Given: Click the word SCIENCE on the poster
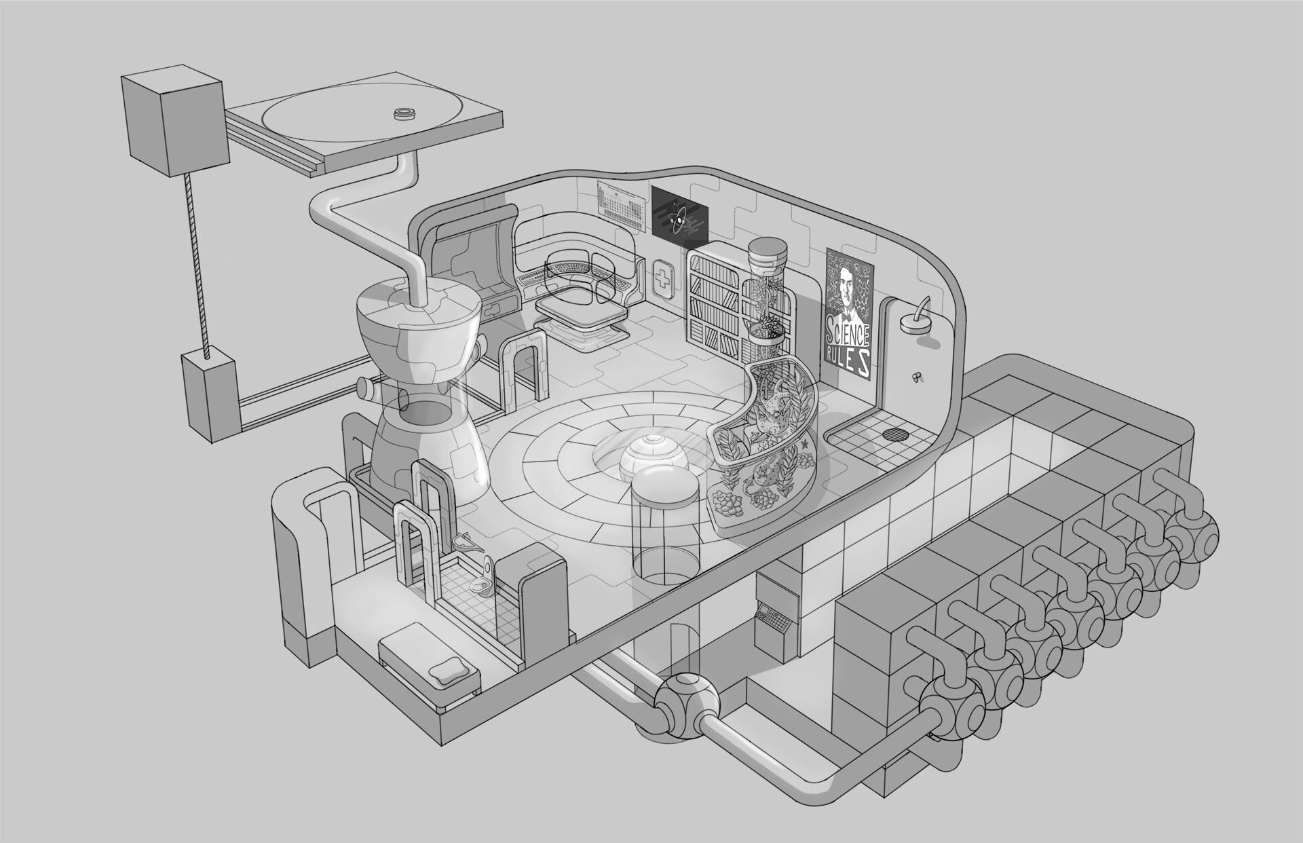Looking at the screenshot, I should (848, 334).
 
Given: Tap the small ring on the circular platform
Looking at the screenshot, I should (404, 113).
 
